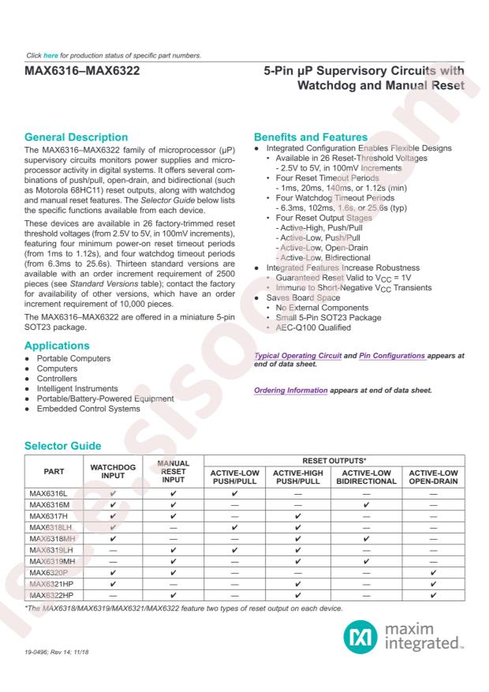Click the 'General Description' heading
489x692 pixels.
[77, 137]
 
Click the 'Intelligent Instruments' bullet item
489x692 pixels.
[76, 388]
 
